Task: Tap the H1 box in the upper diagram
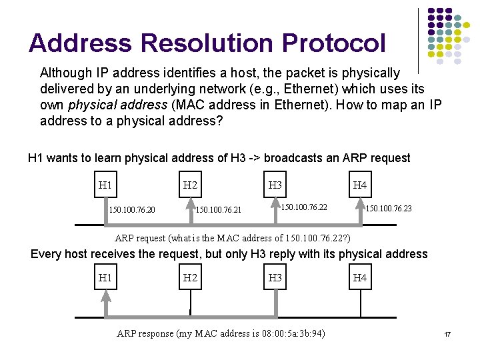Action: pyautogui.click(x=105, y=185)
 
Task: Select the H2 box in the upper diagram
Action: pyautogui.click(x=190, y=185)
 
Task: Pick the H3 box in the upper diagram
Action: pyautogui.click(x=275, y=185)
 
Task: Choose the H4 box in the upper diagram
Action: pyautogui.click(x=360, y=185)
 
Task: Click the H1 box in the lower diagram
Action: pyautogui.click(x=105, y=277)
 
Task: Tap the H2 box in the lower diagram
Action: pyautogui.click(x=190, y=277)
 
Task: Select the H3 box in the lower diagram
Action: pyautogui.click(x=275, y=277)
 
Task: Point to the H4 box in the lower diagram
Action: pyautogui.click(x=360, y=277)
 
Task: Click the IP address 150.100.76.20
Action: pyautogui.click(x=132, y=210)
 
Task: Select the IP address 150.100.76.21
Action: pyautogui.click(x=217, y=210)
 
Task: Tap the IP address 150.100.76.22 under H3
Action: pyautogui.click(x=303, y=207)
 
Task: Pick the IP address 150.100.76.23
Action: pyautogui.click(x=389, y=209)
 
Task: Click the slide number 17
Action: pyautogui.click(x=448, y=333)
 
